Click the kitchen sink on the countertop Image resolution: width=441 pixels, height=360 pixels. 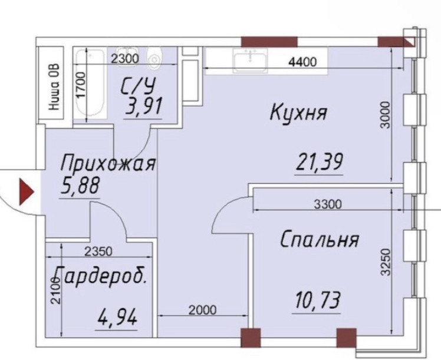tap(250, 60)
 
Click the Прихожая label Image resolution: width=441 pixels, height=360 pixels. tap(108, 163)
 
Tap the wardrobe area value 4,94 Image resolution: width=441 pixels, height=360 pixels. tap(117, 319)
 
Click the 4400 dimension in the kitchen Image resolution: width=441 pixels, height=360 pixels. tap(302, 62)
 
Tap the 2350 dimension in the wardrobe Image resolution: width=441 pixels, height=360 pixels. tap(97, 252)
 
